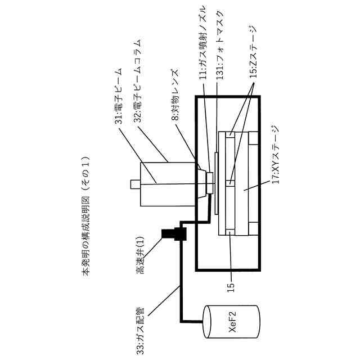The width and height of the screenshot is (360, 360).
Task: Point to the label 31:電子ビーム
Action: click(119, 98)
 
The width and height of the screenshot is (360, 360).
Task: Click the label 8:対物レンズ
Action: click(175, 96)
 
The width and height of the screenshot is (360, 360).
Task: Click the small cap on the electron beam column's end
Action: click(133, 183)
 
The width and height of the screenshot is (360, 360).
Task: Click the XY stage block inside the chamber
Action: click(247, 183)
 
